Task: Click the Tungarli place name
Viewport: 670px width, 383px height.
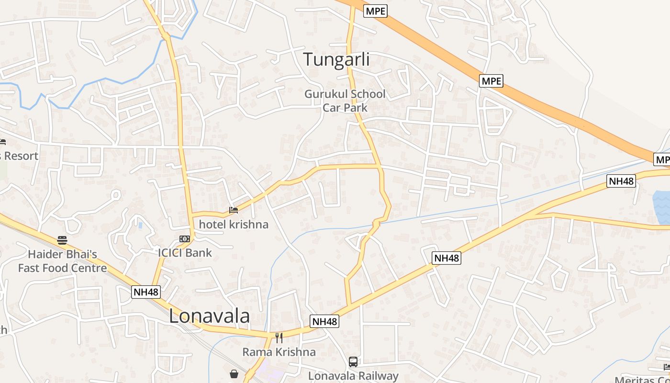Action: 336,60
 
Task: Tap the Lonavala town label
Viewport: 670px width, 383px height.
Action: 209,316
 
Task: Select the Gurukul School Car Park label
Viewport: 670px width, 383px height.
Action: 345,101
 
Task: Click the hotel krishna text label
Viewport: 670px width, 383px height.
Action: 234,224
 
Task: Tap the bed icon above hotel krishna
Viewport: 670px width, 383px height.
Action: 234,210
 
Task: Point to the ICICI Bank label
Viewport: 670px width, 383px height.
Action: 185,253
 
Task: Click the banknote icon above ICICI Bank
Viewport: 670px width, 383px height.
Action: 184,238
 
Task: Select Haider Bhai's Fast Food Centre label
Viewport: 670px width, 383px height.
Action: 62,261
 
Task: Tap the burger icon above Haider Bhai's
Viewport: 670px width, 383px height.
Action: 62,240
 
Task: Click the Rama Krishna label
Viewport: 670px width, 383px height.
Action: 279,352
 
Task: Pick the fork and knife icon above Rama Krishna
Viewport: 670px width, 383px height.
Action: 279,338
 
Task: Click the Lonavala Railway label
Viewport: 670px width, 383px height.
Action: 353,376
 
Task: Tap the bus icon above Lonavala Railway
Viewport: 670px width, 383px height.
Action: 353,362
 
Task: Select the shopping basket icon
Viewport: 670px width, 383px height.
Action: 234,373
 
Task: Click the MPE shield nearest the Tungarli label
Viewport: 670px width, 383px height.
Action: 375,11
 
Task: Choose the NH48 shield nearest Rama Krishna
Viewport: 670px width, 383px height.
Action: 325,322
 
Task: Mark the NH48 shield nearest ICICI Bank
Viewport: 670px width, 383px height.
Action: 146,292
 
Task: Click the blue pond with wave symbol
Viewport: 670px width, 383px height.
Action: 661,207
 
